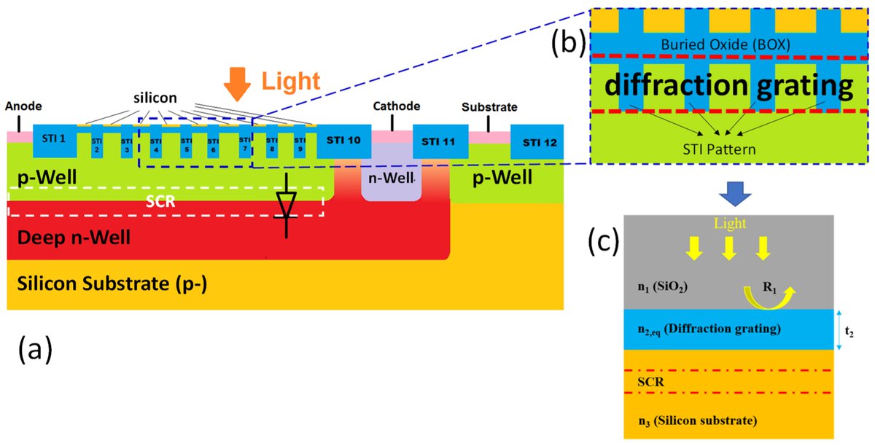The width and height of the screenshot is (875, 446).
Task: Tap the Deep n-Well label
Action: tap(59, 237)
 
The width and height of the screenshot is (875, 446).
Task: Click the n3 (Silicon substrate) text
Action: tap(696, 420)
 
